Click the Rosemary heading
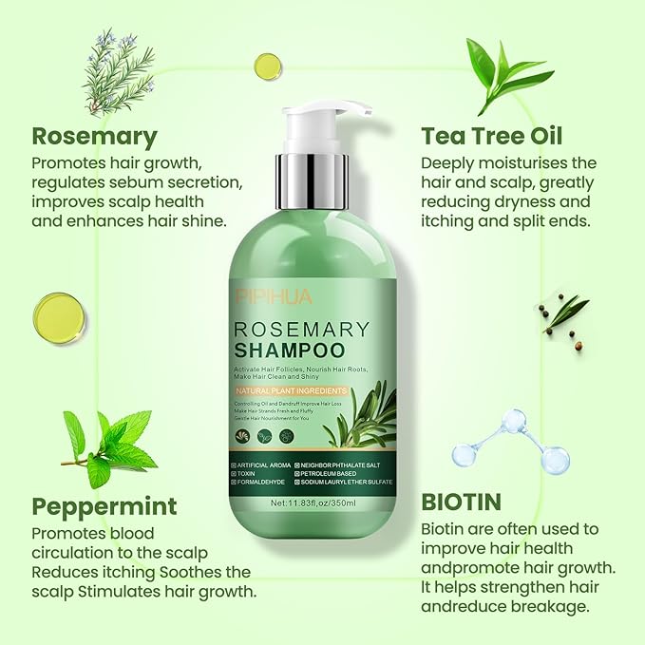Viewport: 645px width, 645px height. (94, 135)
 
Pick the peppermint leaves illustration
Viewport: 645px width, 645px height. (109, 446)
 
